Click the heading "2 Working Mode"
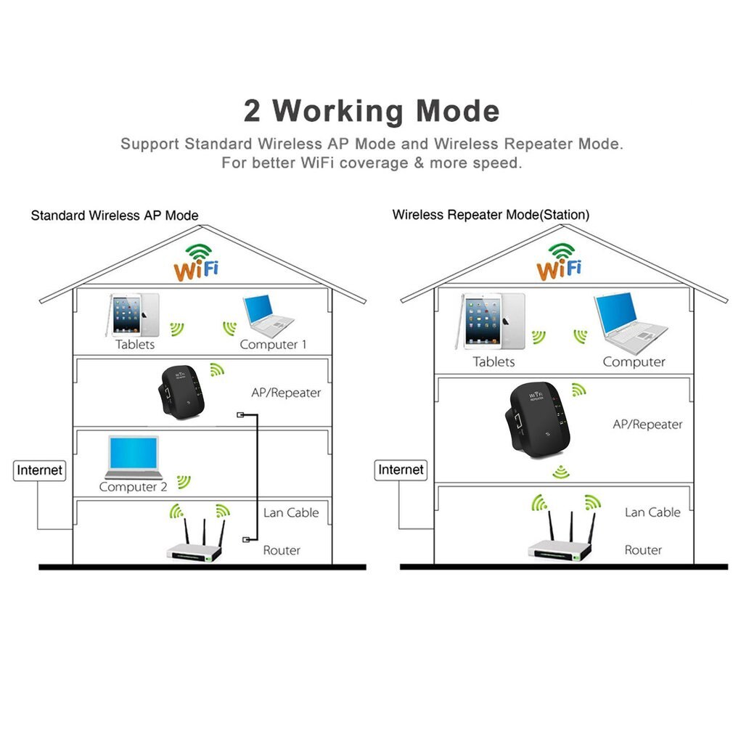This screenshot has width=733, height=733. click(371, 111)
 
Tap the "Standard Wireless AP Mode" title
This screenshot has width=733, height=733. click(115, 216)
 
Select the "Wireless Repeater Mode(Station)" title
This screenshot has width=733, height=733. click(491, 215)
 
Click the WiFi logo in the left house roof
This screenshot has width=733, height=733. click(196, 263)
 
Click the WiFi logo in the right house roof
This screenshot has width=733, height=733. click(560, 263)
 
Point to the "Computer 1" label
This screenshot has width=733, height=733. click(273, 345)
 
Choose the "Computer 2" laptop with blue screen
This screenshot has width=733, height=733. click(133, 456)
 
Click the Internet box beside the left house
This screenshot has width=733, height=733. click(40, 470)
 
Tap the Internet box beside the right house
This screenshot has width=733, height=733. click(401, 470)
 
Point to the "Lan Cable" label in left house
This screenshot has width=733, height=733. click(291, 512)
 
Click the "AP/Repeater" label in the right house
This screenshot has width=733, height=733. click(647, 424)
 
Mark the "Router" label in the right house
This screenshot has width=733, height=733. click(643, 550)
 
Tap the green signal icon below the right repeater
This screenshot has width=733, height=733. click(560, 472)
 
